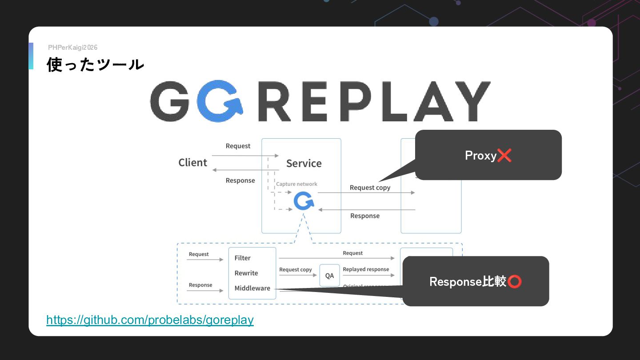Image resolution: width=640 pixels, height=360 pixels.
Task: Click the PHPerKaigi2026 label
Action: click(72, 48)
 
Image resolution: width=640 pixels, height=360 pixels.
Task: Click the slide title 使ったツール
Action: click(95, 65)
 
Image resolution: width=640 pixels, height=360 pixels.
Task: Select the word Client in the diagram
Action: click(192, 163)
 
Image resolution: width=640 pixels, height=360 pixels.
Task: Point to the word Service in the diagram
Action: click(304, 164)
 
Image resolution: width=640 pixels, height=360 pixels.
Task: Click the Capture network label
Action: click(296, 184)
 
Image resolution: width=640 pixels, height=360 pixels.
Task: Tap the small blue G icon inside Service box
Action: click(304, 201)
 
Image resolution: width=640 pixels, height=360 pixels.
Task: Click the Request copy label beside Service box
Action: click(370, 188)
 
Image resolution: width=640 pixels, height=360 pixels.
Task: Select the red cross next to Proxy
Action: click(504, 156)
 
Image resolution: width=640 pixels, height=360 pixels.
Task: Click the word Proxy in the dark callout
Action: click(480, 156)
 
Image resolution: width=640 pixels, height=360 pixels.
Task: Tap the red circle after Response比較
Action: click(515, 281)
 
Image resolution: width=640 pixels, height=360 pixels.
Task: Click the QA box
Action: click(329, 276)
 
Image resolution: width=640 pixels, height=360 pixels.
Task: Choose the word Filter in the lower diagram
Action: click(243, 258)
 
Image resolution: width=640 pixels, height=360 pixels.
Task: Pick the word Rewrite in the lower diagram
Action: click(246, 273)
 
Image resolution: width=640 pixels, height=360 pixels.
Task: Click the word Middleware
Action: click(252, 288)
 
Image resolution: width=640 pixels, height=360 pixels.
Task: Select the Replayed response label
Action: click(366, 269)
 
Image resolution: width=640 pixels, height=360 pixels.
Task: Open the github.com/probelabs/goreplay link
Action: click(150, 320)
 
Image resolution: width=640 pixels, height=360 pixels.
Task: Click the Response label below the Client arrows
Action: click(240, 180)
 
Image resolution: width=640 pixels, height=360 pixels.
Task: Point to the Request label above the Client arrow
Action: click(238, 146)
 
